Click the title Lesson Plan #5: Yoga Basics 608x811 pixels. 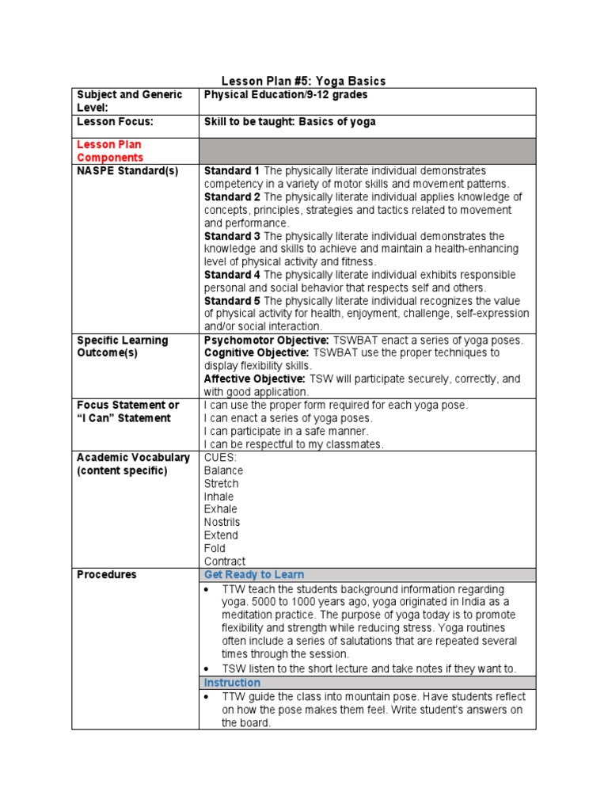(x=303, y=81)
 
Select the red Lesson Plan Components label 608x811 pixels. (x=109, y=151)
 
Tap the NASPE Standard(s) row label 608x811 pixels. (x=116, y=171)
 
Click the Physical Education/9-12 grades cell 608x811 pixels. (x=286, y=95)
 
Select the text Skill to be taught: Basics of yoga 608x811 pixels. (x=290, y=122)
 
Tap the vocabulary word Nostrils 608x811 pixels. (x=222, y=523)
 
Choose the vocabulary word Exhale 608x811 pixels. (x=220, y=509)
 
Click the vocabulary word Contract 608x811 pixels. (x=225, y=562)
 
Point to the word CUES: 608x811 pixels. (x=221, y=457)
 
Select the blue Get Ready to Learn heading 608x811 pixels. (x=254, y=575)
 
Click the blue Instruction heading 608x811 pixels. (x=232, y=683)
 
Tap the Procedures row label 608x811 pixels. (x=106, y=575)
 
